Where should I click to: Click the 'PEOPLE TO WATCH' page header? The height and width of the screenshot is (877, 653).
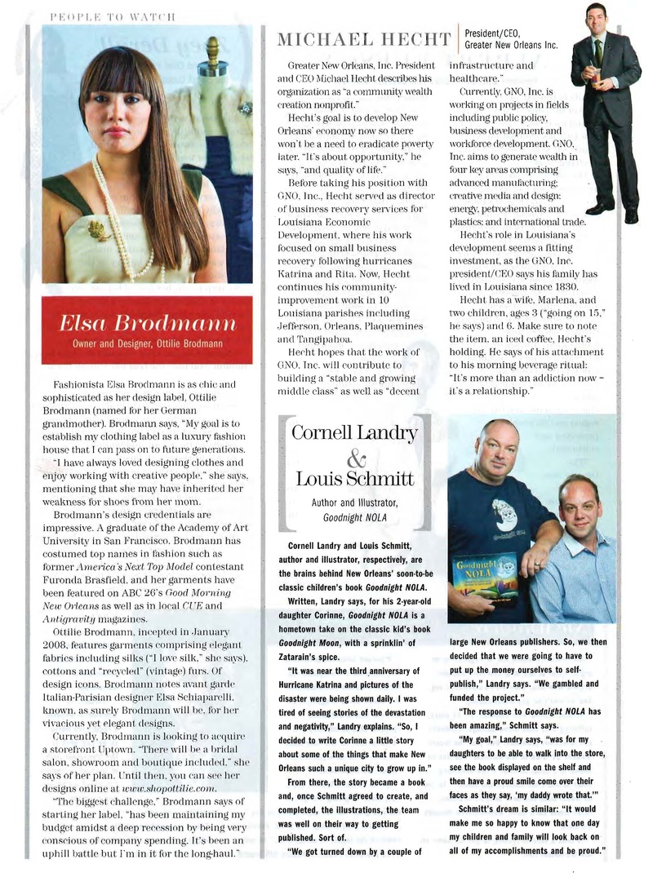point(113,14)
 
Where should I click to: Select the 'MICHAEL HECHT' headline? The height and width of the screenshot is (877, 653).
point(365,38)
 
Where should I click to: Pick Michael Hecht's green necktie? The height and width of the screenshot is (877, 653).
point(597,53)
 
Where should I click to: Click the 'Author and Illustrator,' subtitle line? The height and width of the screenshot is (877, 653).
point(354,503)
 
